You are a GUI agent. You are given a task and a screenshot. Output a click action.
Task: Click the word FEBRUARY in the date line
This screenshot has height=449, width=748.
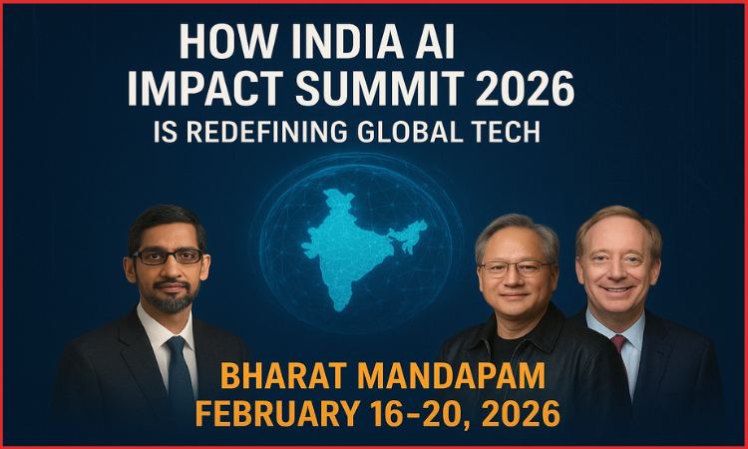click(277, 412)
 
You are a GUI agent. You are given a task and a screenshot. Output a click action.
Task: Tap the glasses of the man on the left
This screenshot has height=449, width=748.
click(167, 256)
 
